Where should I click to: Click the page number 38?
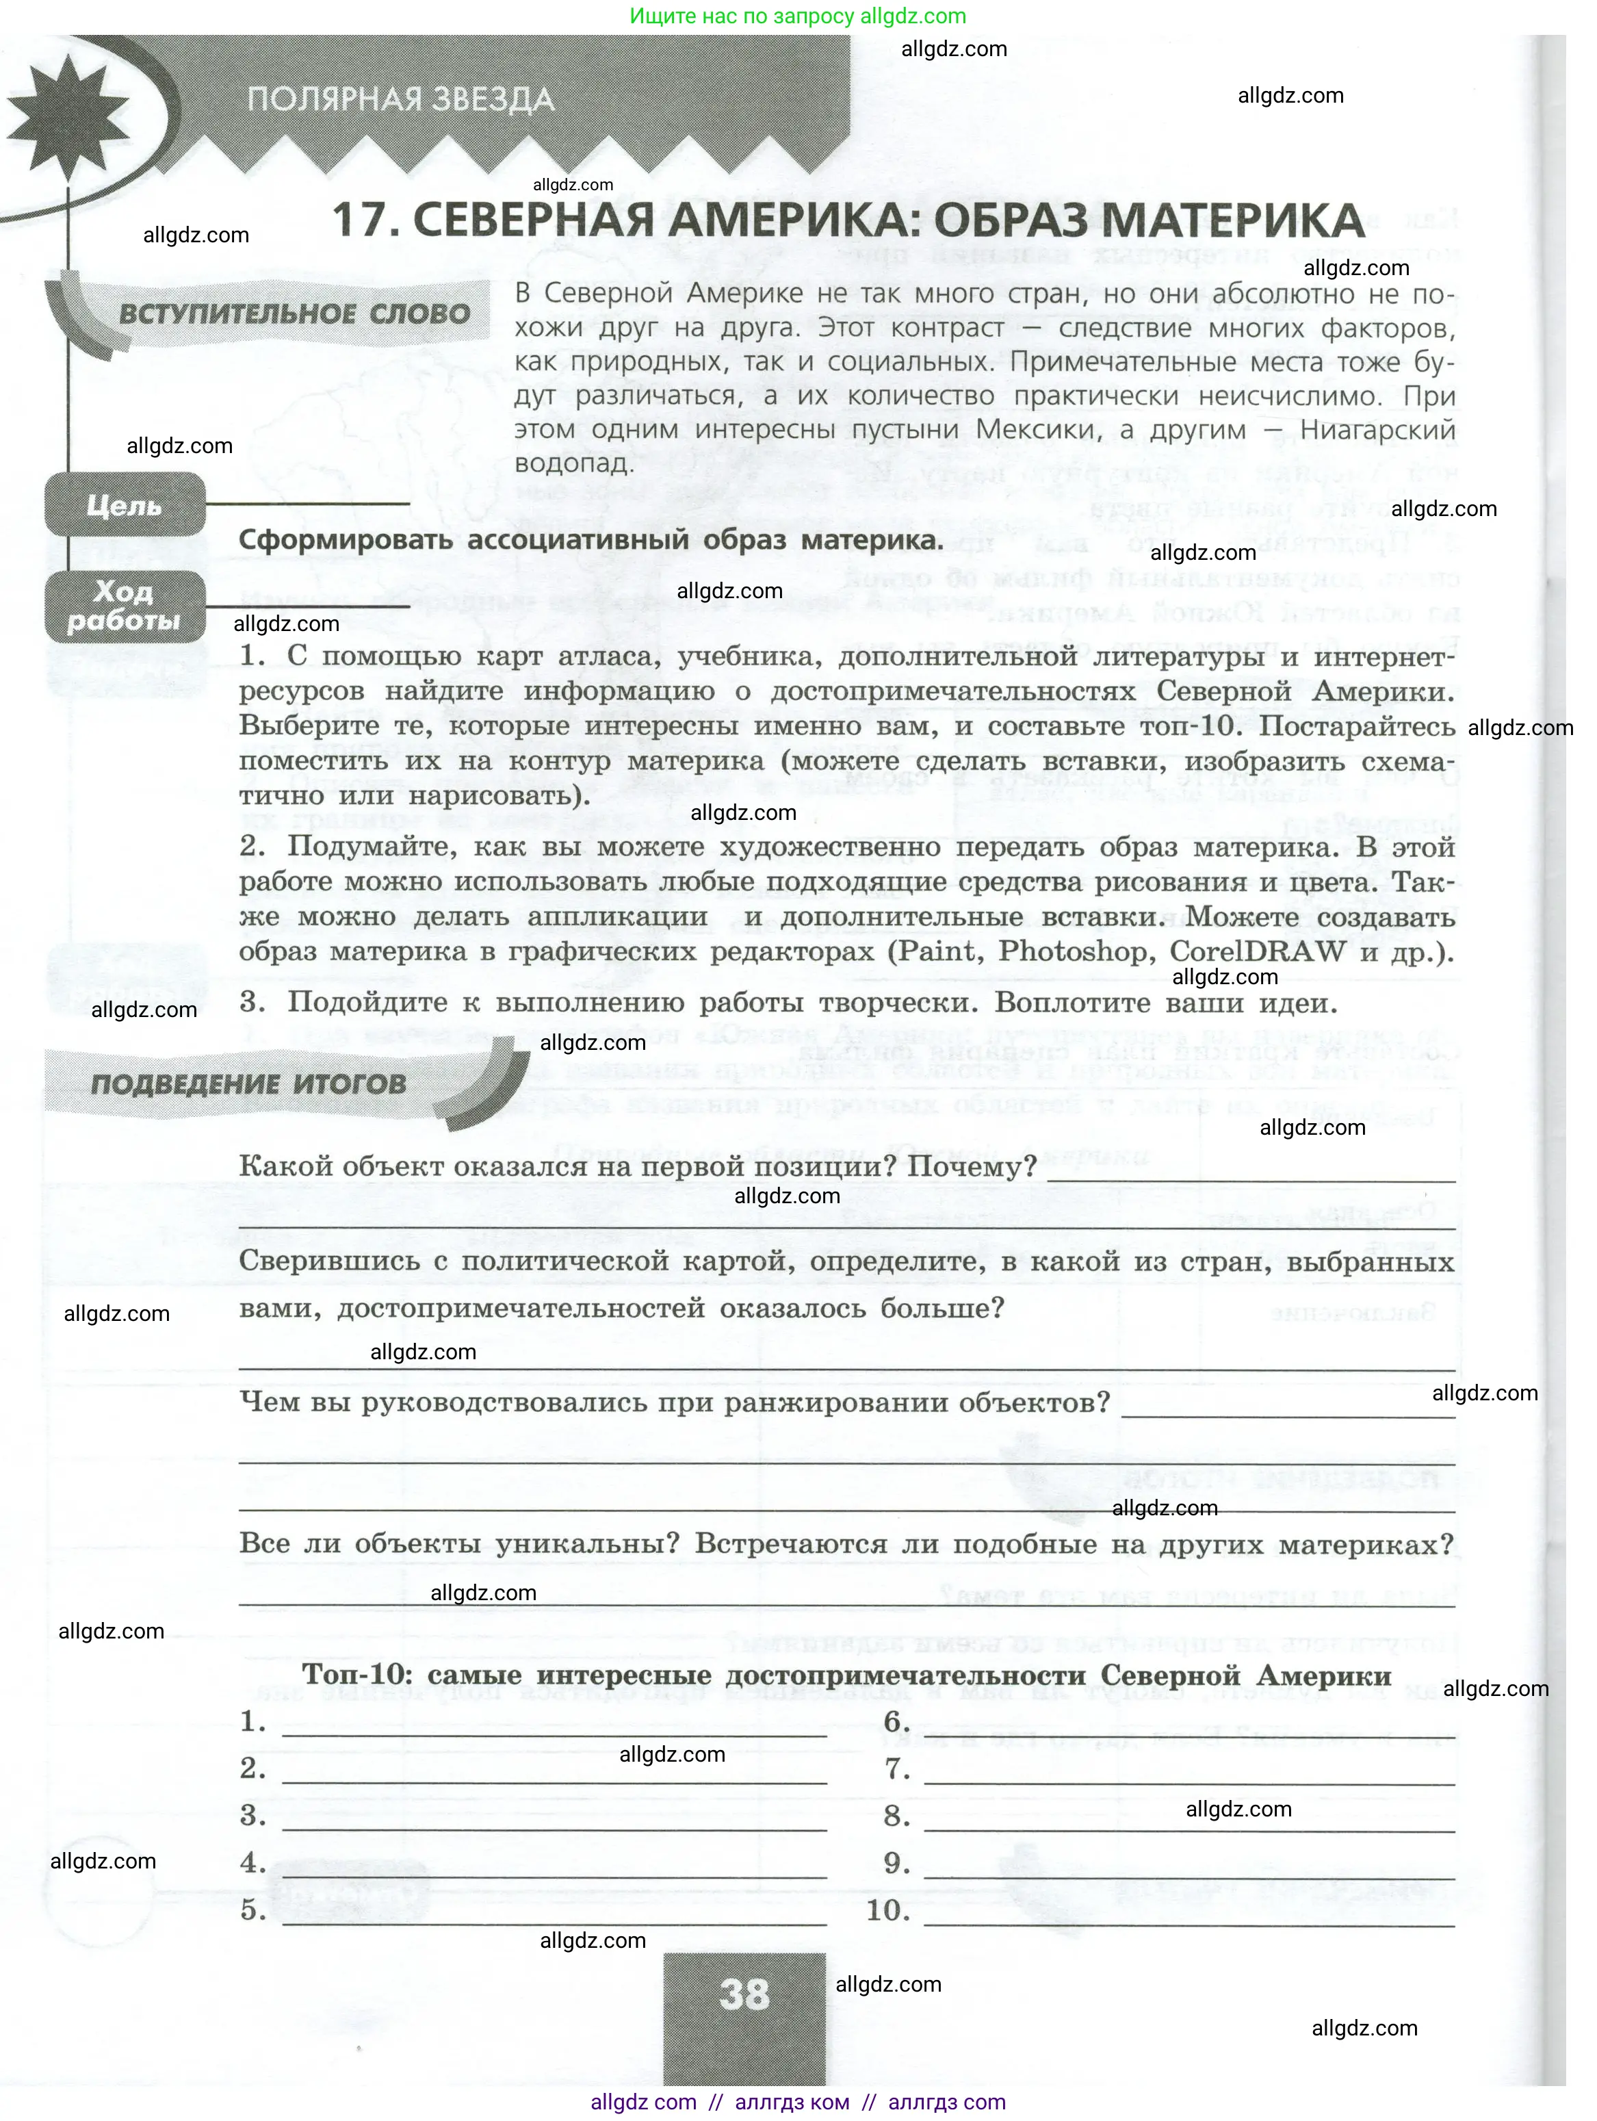[x=744, y=1994]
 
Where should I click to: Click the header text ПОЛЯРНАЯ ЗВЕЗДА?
[x=401, y=100]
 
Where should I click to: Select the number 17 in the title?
[x=364, y=220]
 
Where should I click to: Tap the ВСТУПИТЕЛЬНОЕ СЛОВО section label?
[x=294, y=315]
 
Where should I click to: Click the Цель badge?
[x=125, y=505]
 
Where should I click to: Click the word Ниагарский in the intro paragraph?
[x=1377, y=430]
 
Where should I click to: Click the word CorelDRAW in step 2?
[x=1258, y=951]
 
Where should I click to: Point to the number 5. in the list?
[x=253, y=1911]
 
